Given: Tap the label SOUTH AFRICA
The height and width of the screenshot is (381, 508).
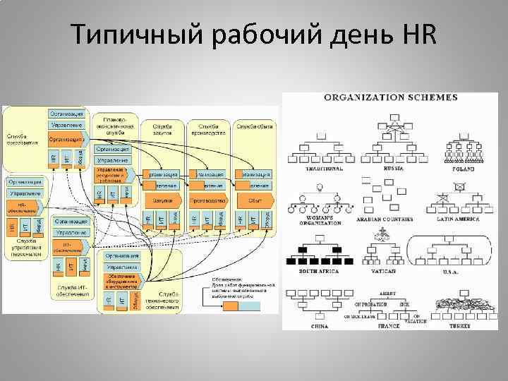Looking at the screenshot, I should pos(318,271).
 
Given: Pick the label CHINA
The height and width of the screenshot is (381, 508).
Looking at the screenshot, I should pos(320,326).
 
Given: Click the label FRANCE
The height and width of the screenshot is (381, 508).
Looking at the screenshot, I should pos(388,326).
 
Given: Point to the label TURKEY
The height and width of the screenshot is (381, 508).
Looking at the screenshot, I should pos(459,326).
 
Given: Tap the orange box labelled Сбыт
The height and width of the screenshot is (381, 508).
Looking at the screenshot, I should pos(255,201).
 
